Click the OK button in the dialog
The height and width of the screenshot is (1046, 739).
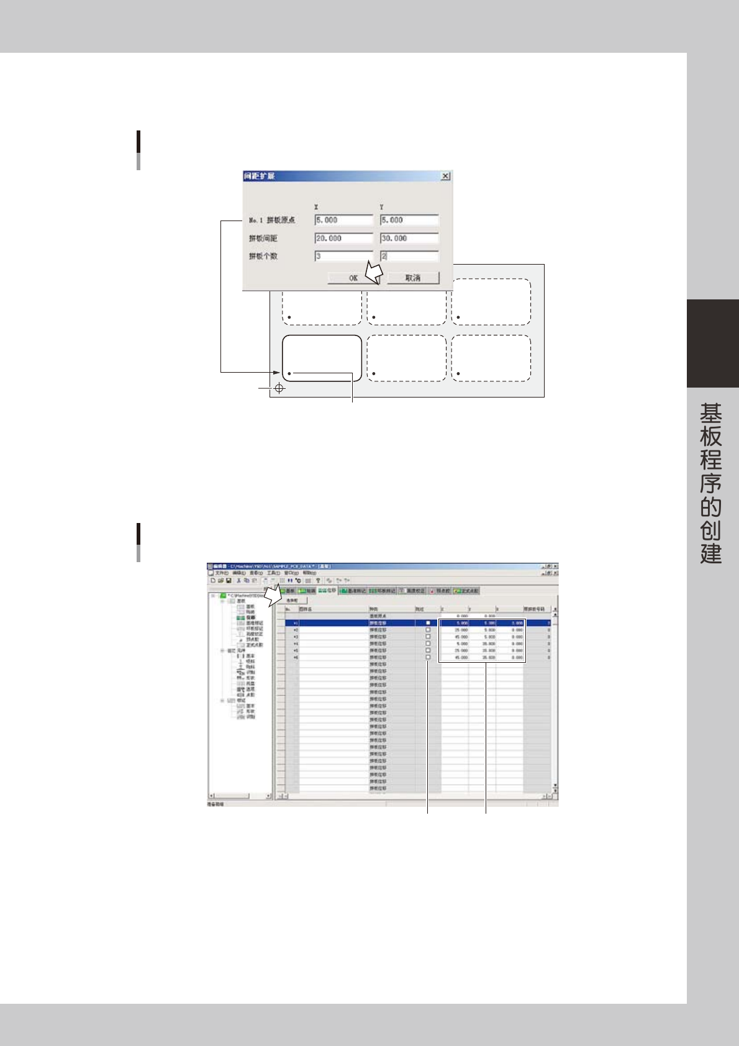pos(352,278)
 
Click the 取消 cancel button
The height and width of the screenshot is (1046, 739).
pos(413,278)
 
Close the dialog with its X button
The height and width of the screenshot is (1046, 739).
pos(445,176)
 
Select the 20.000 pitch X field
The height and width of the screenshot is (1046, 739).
pos(343,239)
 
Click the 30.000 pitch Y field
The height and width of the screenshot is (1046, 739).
pos(409,239)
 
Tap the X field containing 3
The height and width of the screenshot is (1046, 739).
pos(343,257)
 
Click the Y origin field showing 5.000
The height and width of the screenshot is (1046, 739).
pos(409,220)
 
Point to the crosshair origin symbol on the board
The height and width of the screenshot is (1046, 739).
pos(279,388)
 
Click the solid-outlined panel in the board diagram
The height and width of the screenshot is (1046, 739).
pos(322,357)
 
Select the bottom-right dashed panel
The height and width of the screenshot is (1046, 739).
pos(491,358)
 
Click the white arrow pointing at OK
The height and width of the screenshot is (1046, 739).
pos(373,272)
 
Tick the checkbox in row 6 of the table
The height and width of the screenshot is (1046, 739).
pos(428,657)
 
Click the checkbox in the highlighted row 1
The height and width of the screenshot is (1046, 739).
pos(428,623)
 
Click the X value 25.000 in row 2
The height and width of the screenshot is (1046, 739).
pos(461,630)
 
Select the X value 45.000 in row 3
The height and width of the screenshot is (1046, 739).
pos(461,637)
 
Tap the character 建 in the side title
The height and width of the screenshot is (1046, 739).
pos(711,553)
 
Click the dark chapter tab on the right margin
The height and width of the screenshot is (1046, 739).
pos(712,343)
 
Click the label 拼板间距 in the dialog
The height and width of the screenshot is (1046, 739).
pos(263,239)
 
